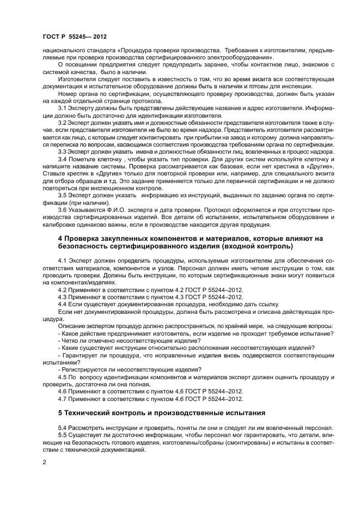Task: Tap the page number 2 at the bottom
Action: (44, 463)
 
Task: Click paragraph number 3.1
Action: (63, 108)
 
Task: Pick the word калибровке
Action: (58, 224)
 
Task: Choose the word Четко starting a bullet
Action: (70, 340)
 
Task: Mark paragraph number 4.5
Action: (63, 377)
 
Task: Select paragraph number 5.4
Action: (63, 428)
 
